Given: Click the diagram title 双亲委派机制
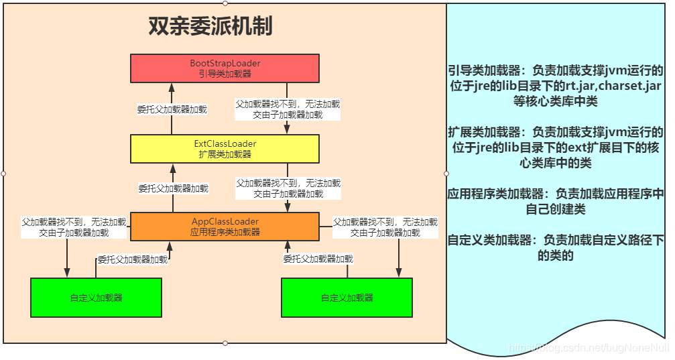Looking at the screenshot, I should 209,26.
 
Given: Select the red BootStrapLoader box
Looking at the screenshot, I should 225,68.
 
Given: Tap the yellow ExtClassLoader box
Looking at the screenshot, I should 225,148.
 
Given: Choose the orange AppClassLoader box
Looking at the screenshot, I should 225,227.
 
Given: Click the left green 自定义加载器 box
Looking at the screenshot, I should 96,297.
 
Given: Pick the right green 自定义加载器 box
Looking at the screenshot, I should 347,297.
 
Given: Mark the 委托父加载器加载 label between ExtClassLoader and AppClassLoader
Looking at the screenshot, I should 173,189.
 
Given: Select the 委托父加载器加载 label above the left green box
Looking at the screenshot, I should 133,259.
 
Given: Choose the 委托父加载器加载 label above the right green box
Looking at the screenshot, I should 318,259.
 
